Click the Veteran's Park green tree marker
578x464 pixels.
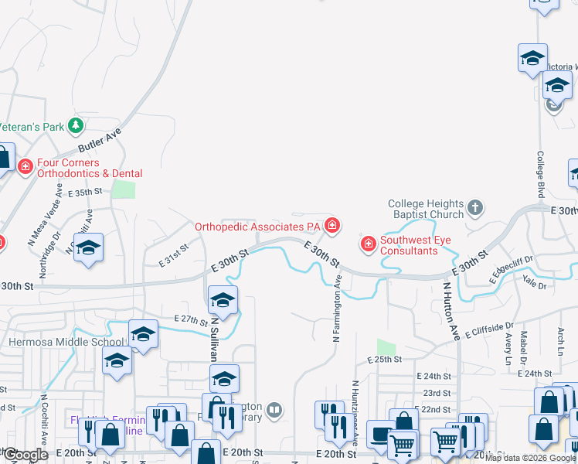point(75,125)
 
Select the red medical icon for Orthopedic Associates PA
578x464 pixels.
point(332,226)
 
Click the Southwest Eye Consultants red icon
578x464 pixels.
point(369,245)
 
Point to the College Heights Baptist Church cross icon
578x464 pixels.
point(475,208)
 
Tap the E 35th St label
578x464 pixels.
point(85,193)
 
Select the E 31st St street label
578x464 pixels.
point(174,256)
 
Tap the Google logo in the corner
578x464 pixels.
point(25,455)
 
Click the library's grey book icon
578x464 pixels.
point(275,409)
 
